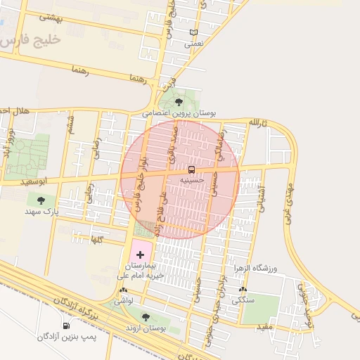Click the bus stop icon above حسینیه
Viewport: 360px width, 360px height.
point(191,170)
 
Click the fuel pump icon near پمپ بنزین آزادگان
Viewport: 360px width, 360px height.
point(66,326)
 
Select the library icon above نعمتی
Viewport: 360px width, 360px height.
point(193,33)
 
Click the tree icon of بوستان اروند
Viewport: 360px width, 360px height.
point(145,317)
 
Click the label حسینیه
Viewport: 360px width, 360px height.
point(191,180)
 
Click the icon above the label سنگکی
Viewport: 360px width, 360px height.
point(243,289)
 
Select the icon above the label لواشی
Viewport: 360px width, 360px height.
point(124,290)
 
